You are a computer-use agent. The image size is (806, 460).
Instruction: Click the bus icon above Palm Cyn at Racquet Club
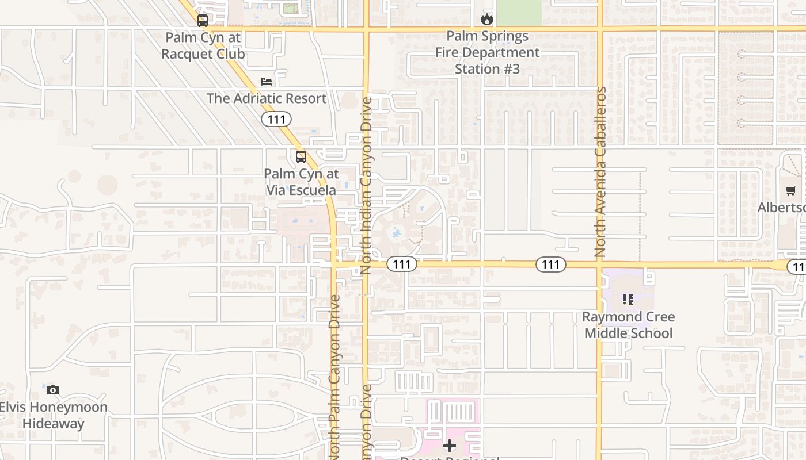coord(203,21)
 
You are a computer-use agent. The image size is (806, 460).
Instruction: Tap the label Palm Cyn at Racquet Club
coord(203,46)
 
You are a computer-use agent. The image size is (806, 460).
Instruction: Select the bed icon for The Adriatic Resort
coord(267,82)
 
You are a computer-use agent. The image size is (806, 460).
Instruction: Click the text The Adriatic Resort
coord(267,98)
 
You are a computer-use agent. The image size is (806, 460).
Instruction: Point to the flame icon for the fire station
coord(487,20)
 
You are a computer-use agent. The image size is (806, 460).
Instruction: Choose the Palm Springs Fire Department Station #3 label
coord(487,52)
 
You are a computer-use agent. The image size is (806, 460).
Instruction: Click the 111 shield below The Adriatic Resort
coord(276,119)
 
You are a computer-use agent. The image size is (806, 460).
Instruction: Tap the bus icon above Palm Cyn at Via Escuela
coord(301,157)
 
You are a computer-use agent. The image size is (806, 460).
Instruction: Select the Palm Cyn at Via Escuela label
coord(301,182)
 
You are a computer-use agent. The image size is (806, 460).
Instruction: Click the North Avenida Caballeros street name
coord(600,172)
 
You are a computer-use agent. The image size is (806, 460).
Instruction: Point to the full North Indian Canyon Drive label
coord(366,185)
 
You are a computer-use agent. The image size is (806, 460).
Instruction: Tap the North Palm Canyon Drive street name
coord(334,377)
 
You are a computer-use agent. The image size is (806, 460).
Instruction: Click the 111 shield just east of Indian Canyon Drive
coord(401,264)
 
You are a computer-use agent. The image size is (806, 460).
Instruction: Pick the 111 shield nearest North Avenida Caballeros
coord(551,264)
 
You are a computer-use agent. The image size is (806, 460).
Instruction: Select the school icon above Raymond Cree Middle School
coord(628,300)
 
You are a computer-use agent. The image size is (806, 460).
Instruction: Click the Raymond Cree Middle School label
coord(628,325)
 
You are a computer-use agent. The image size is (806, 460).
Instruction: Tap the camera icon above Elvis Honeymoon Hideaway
coord(53,390)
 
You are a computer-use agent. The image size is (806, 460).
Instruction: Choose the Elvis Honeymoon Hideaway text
coord(53,415)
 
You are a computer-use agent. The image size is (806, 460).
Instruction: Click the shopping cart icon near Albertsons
coord(791,191)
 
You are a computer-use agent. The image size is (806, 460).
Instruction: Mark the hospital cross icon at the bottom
coord(450,446)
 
